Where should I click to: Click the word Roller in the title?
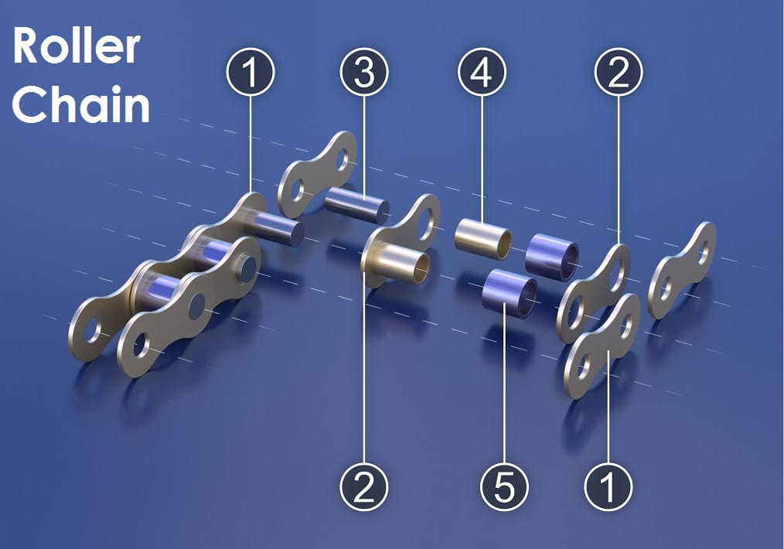click(x=76, y=46)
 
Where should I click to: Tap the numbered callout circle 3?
click(x=364, y=72)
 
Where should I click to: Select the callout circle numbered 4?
click(x=482, y=72)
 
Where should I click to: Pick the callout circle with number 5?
click(x=504, y=487)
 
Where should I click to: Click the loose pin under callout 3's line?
click(x=357, y=204)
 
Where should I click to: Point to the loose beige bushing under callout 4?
click(x=483, y=238)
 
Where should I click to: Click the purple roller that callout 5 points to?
click(x=509, y=294)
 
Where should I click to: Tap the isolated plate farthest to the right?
click(x=682, y=271)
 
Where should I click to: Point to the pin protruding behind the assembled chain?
click(x=279, y=228)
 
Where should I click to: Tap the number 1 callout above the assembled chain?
click(x=250, y=72)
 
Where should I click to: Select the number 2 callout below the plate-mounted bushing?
click(x=364, y=487)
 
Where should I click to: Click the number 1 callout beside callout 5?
click(x=608, y=487)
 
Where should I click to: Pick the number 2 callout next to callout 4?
click(x=619, y=72)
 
